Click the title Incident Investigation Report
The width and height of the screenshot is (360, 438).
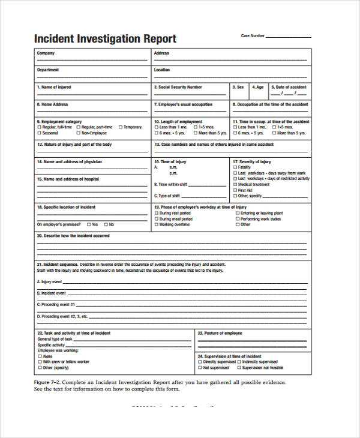point(105,39)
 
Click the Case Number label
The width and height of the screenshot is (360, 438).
point(253,36)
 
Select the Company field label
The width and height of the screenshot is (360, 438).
point(46,53)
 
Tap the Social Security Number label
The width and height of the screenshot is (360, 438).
point(178,87)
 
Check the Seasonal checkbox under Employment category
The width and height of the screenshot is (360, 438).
point(39,133)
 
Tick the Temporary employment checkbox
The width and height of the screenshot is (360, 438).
point(120,127)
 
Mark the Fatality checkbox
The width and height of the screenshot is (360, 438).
point(235,167)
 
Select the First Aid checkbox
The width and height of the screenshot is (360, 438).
point(235,190)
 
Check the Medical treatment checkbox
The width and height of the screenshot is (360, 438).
point(235,184)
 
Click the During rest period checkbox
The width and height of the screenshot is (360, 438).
point(157,213)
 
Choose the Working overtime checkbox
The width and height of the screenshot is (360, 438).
point(157,224)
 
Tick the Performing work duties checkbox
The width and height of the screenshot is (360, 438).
point(237,219)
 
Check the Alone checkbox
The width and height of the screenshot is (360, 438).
point(39,356)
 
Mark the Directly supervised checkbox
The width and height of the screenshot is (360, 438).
point(200,362)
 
